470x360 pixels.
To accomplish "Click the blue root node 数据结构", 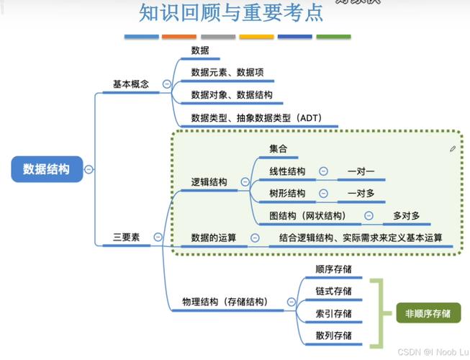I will [47, 169].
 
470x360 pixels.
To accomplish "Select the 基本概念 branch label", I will [131, 84].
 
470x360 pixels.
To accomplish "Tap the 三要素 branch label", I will [126, 237].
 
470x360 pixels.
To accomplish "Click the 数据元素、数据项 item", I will [227, 73].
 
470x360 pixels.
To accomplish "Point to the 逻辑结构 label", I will [209, 182].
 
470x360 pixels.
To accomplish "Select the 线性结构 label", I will [287, 171].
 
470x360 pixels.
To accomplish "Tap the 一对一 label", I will [361, 171].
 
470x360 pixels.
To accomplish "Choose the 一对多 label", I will [361, 194].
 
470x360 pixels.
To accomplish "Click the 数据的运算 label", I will [214, 238].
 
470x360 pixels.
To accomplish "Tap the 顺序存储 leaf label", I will [333, 269].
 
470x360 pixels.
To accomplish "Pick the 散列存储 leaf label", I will [333, 336].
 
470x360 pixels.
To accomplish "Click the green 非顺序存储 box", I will [428, 313].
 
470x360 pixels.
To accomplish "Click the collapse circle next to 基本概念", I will [167, 84].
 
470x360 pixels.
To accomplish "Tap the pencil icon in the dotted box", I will [453, 149].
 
